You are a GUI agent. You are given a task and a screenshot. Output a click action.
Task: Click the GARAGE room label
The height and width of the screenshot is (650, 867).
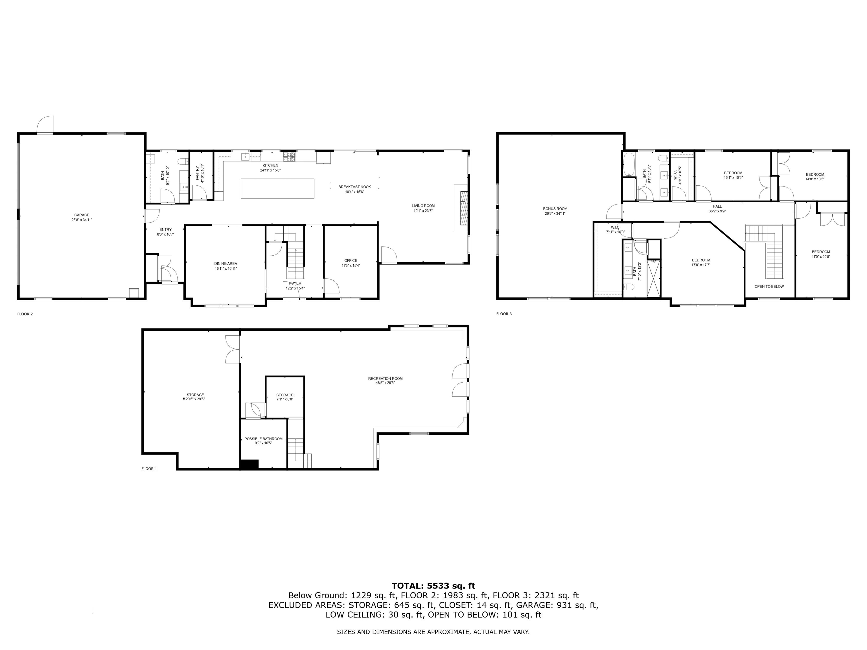(82, 215)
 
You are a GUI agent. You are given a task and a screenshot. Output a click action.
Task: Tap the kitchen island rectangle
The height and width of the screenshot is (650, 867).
(277, 188)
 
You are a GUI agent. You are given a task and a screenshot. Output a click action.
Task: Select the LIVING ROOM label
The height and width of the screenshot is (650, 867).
(423, 206)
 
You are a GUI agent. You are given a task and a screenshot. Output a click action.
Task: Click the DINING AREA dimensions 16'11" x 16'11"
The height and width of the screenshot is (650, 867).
(225, 269)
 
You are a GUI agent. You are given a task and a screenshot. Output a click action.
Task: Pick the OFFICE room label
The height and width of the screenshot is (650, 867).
(351, 261)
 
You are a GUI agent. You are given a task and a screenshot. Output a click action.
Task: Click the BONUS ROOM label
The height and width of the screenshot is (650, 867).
(555, 209)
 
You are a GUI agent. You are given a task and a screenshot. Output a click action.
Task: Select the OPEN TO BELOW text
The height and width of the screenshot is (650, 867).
(769, 286)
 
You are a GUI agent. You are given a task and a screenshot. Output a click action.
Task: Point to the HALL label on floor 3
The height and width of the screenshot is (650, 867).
(717, 207)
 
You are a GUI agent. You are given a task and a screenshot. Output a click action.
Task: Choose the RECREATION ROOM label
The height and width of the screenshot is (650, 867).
(385, 379)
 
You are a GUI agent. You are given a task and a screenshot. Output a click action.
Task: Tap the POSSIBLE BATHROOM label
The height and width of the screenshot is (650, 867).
(263, 439)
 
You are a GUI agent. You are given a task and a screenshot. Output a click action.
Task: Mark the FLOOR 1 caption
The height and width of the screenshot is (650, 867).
(149, 469)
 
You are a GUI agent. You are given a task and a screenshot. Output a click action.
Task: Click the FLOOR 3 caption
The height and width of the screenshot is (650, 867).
(504, 314)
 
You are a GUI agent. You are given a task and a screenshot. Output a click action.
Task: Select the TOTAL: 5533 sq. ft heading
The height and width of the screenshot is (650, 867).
(433, 586)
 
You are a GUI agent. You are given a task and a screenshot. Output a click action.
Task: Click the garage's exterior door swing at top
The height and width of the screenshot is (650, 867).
(45, 125)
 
